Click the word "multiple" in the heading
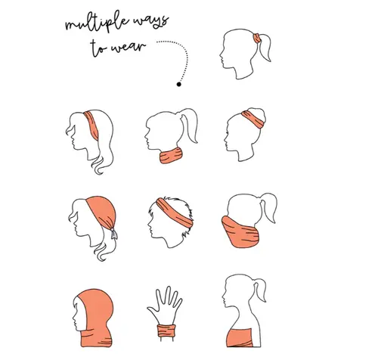pyautogui.click(x=97, y=23)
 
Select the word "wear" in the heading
pyautogui.click(x=128, y=47)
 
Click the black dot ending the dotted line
pyautogui.click(x=178, y=84)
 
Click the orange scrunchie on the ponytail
pyautogui.click(x=257, y=39)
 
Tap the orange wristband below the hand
pyautogui.click(x=166, y=331)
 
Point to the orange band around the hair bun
pyautogui.click(x=253, y=119)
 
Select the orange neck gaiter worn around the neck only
pyautogui.click(x=171, y=156)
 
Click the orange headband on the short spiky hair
pyautogui.click(x=175, y=213)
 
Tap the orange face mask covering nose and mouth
pyautogui.click(x=240, y=232)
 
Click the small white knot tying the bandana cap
pyautogui.click(x=114, y=234)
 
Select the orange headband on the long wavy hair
pyautogui.click(x=92, y=126)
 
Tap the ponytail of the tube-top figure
pyautogui.click(x=260, y=289)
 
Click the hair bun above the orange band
pyautogui.click(x=258, y=114)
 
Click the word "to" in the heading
pyautogui.click(x=98, y=48)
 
